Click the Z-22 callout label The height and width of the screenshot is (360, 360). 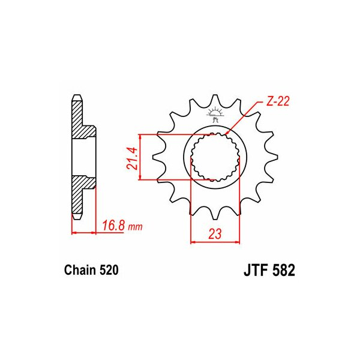[278, 103]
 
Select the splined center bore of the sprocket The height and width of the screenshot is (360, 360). [215, 157]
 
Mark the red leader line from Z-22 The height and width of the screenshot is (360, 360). [245, 119]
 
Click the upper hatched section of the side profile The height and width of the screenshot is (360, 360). [79, 120]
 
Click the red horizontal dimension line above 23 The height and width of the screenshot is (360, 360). [215, 243]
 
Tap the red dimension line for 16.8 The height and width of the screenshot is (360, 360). [84, 233]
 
